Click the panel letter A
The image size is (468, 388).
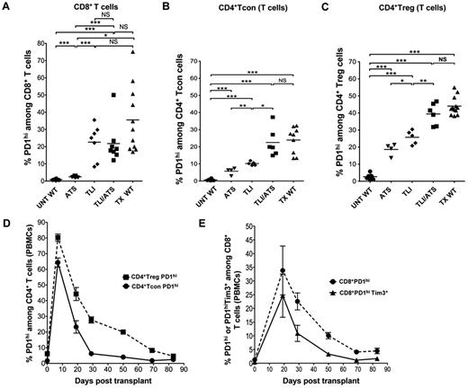pyautogui.click(x=6, y=7)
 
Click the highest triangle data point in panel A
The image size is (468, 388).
pyautogui.click(x=134, y=52)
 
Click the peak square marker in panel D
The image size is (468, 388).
pyautogui.click(x=58, y=238)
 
